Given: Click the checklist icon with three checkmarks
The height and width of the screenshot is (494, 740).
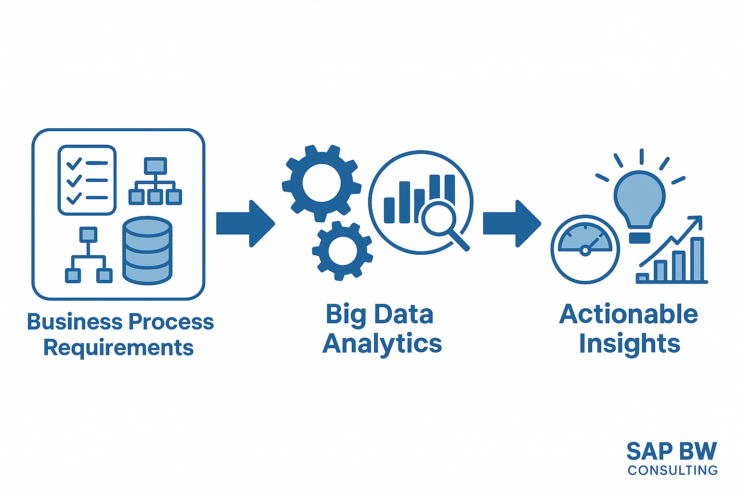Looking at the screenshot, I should (x=87, y=180).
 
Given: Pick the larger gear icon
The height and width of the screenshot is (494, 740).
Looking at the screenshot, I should (x=321, y=183).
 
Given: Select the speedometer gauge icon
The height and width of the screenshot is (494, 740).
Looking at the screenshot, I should (x=585, y=249).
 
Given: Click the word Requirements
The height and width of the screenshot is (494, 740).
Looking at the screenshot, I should (x=119, y=348).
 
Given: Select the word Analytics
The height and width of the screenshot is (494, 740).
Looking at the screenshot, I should (x=382, y=344).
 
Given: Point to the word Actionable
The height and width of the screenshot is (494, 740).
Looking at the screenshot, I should (x=629, y=315).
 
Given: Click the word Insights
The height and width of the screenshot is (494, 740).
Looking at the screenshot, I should (x=629, y=344).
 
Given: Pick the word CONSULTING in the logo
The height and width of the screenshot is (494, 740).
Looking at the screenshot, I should (x=673, y=470).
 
